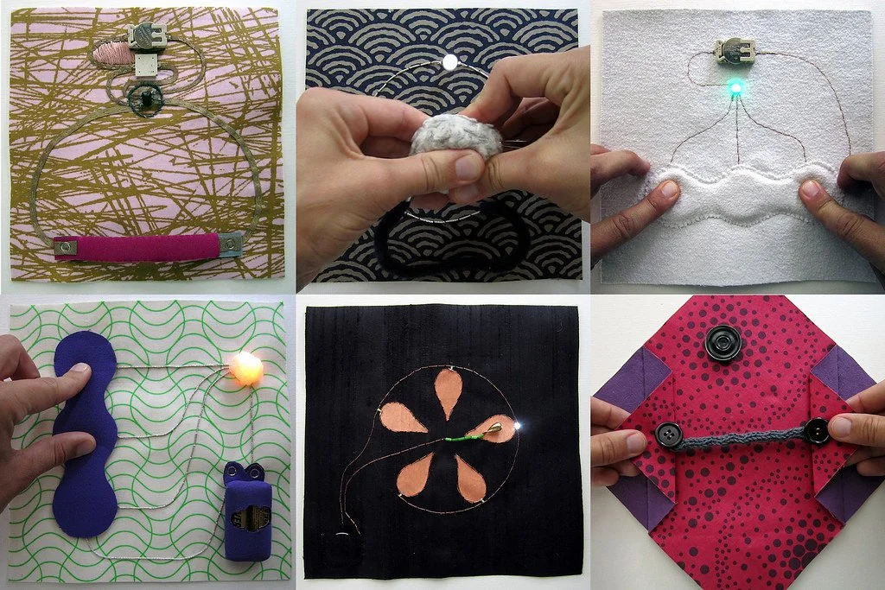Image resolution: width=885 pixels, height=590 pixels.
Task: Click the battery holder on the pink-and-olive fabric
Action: coord(146,35)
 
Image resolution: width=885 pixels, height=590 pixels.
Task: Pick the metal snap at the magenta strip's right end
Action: coord(230,245)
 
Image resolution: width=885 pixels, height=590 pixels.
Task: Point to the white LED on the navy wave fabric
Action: coord(449,61)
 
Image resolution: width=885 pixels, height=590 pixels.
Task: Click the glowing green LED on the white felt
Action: coord(735,87)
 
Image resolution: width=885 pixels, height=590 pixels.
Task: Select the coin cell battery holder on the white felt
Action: coord(735,52)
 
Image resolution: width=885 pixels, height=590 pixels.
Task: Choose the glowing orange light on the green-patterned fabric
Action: coord(245,367)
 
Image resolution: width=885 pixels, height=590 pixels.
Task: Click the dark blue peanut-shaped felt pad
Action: coord(85,432)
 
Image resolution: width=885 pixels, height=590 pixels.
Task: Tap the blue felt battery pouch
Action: coord(247,515)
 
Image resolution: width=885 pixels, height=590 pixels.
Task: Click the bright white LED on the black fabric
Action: coord(516,425)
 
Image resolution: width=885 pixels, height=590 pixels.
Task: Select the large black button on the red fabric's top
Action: coord(723,343)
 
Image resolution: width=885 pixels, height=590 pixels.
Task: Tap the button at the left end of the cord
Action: coord(668,435)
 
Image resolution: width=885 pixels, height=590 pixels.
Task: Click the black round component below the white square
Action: coord(146,98)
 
